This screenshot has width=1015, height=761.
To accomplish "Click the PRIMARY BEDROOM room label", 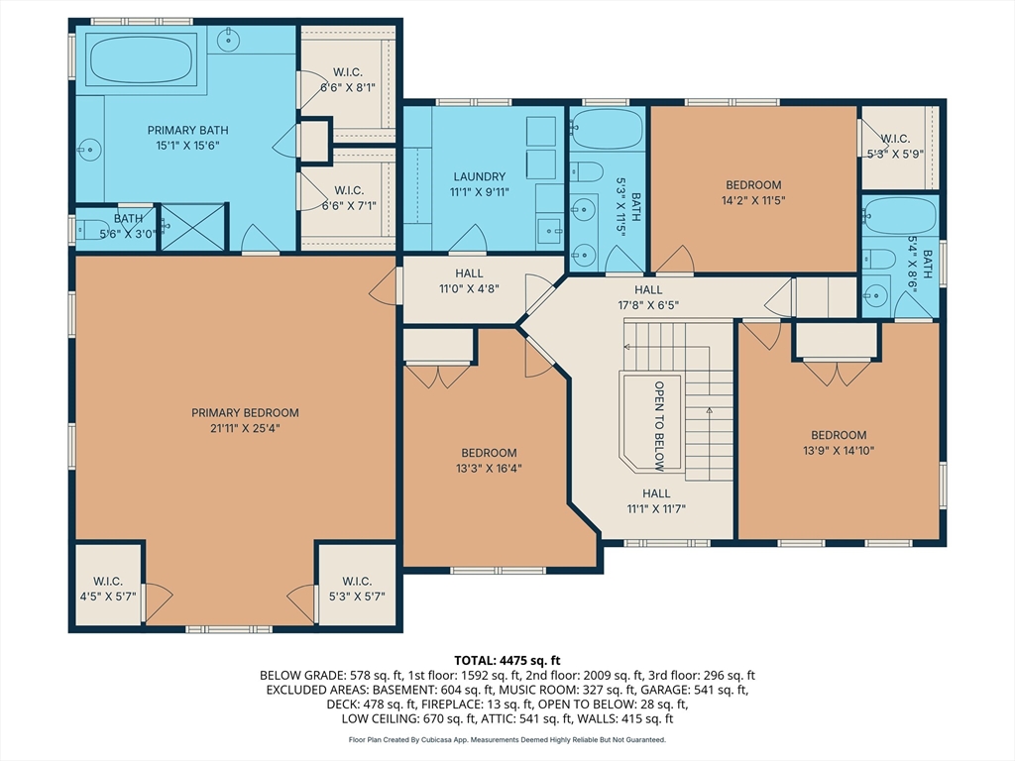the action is (x=245, y=413).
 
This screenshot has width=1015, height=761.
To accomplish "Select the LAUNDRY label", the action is (x=479, y=176).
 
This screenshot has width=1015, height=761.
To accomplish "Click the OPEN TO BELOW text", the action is (x=659, y=426).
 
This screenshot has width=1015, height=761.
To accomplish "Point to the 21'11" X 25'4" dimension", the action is (x=245, y=428).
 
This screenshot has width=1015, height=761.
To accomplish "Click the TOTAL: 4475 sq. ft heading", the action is (x=507, y=661).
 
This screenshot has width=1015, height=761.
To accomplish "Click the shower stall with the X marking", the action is (x=193, y=227).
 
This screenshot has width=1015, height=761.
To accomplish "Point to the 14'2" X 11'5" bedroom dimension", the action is (x=753, y=200).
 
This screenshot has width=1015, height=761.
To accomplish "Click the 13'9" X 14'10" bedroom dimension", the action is (x=839, y=451).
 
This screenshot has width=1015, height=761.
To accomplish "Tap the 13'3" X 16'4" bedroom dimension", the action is (x=489, y=469).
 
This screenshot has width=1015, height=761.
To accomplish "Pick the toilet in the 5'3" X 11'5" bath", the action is (x=587, y=172).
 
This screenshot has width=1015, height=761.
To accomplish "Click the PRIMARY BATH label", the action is (x=187, y=131).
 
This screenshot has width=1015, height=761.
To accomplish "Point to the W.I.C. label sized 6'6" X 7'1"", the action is (x=349, y=190).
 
